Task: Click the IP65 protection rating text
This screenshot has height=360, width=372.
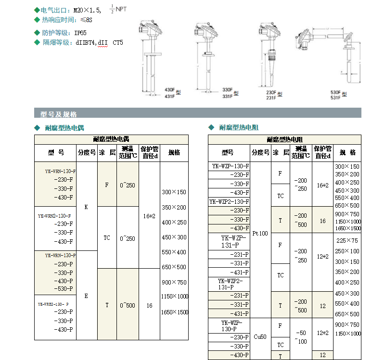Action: tap(80, 33)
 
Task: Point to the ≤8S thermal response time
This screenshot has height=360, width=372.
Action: tap(86, 20)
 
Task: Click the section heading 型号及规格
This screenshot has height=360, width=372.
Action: tap(58, 114)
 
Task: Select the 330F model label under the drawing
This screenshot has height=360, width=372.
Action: tap(227, 90)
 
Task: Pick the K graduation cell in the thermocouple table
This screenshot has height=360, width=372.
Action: tap(86, 207)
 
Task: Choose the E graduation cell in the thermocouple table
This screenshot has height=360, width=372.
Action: tap(86, 296)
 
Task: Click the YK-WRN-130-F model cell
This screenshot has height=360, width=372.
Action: tap(60, 171)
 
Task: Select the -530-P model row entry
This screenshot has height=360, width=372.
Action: tap(64, 288)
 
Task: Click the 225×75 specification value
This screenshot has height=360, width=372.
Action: tap(347, 240)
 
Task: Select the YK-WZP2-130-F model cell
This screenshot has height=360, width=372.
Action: tap(229, 201)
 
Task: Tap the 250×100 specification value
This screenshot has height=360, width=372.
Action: tap(347, 251)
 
